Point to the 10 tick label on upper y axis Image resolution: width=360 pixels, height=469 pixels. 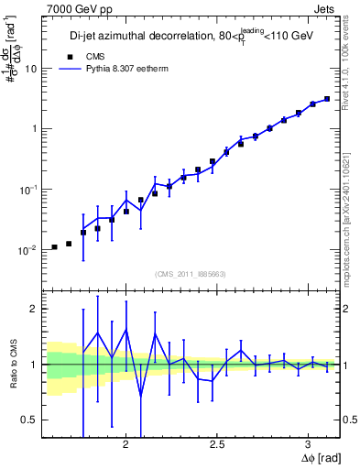click(31, 69)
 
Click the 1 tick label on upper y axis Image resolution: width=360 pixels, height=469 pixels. click(34, 129)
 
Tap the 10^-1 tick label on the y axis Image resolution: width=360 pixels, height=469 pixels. click(28, 189)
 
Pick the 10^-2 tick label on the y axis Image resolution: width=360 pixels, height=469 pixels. click(28, 249)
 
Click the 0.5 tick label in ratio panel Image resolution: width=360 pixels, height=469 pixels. click(30, 420)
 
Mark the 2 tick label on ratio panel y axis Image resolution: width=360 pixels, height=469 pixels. click(34, 310)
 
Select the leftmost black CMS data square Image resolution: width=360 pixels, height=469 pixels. click(54, 246)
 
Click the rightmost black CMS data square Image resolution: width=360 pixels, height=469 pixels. click(327, 99)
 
